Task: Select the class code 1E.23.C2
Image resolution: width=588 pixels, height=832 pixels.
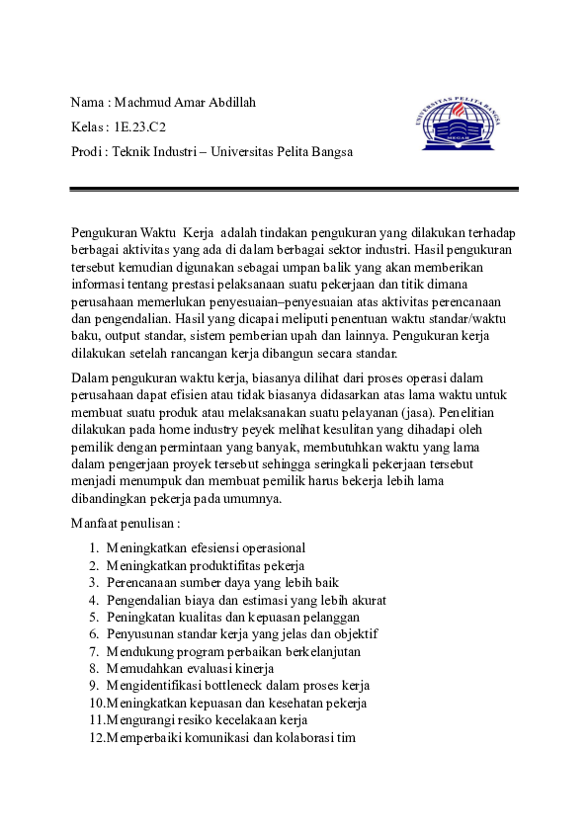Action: tap(140, 127)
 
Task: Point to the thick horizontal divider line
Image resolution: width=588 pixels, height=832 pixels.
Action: tap(294, 189)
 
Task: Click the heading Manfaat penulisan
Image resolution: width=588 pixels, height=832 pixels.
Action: tap(126, 522)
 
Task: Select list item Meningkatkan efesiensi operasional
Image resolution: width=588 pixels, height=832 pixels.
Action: tap(206, 547)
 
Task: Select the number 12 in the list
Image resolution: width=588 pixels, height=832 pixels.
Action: tap(95, 737)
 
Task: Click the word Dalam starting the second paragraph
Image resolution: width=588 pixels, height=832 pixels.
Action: tap(90, 376)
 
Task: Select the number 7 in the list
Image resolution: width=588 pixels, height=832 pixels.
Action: tap(93, 651)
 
